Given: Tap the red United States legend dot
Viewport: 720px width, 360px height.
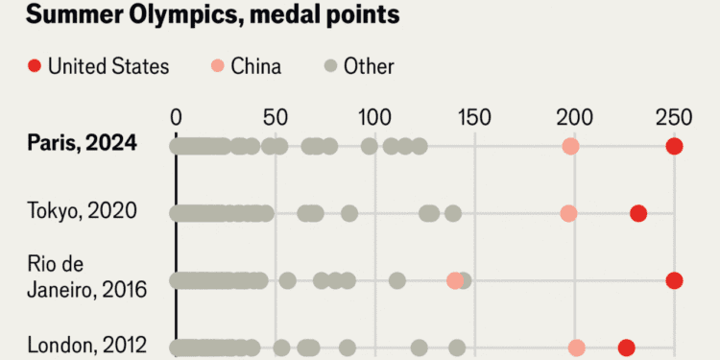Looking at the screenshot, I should tap(34, 66).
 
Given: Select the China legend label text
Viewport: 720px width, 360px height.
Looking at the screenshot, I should tap(256, 66).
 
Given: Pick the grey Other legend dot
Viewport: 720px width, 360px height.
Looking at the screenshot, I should tap(330, 66).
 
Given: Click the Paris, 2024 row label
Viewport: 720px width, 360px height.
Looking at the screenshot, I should tap(83, 144).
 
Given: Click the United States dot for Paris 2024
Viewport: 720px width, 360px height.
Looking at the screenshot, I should tap(674, 146).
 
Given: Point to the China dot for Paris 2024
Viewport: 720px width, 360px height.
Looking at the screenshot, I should tap(570, 146).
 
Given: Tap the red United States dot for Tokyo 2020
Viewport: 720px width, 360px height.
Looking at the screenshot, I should tap(638, 213).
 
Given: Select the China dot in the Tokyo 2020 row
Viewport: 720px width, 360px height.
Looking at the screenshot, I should tap(568, 213).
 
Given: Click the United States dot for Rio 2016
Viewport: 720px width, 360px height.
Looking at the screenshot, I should tap(674, 280).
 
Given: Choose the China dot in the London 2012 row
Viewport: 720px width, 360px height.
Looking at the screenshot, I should tap(576, 348).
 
